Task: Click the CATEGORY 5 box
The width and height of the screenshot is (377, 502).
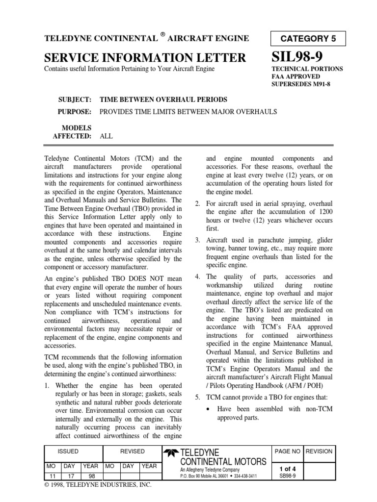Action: (x=308, y=39)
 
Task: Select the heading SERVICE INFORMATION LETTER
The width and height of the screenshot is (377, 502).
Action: (x=145, y=58)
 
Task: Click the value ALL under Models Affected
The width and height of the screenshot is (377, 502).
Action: (x=106, y=136)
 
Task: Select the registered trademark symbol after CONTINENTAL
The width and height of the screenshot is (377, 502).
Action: (x=162, y=35)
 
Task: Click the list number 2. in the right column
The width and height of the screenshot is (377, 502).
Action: (x=197, y=203)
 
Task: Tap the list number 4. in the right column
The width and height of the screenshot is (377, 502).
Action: (x=197, y=276)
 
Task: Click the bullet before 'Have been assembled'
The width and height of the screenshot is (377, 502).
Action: (x=209, y=409)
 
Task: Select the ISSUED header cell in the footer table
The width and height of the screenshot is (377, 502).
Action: (x=68, y=451)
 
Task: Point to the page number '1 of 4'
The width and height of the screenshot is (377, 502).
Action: (x=287, y=468)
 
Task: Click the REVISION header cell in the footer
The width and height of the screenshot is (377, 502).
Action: (x=319, y=451)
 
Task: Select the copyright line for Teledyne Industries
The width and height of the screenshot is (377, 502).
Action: (x=98, y=485)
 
